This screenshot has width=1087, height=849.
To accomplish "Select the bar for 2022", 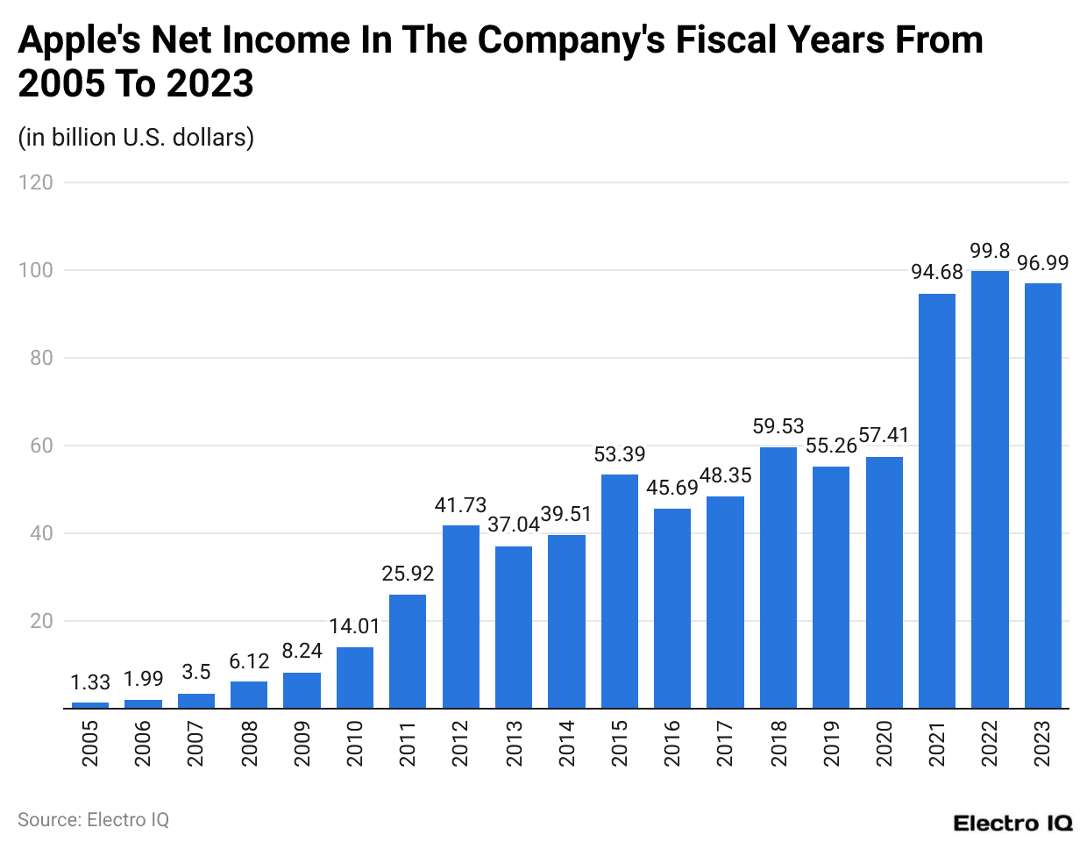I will (990, 489).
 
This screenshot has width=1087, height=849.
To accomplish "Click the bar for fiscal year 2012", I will (460, 617).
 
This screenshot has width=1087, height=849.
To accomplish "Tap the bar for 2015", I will (619, 591).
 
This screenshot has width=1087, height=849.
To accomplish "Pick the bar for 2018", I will (778, 578).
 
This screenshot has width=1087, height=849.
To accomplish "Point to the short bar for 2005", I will (90, 705).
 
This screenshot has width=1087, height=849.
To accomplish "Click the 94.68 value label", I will (936, 272).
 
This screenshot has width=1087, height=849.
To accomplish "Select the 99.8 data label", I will (990, 251).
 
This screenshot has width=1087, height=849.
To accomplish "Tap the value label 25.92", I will (408, 574).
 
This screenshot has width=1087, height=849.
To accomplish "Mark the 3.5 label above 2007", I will (196, 672).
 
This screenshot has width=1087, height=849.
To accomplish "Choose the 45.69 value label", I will (672, 488).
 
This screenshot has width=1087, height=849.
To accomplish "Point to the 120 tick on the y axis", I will (36, 182).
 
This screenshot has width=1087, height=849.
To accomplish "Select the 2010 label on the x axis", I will (355, 743).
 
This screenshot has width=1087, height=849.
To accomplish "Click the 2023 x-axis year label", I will (1042, 743).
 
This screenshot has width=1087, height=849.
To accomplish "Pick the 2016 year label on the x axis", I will (672, 743).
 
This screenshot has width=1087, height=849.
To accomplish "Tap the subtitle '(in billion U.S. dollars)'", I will (136, 138).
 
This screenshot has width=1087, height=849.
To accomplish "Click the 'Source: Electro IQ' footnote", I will (93, 819).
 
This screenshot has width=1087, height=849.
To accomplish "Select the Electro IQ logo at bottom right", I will (1012, 823).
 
